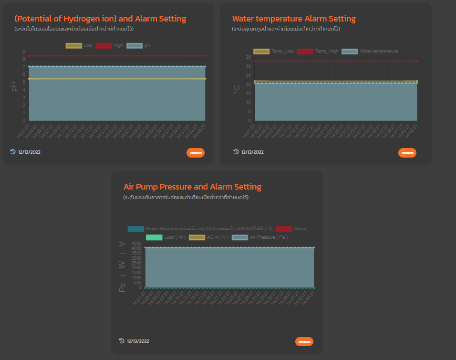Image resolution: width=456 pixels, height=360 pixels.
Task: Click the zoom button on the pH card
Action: [196, 153]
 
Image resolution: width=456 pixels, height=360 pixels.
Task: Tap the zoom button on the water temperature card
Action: [407, 153]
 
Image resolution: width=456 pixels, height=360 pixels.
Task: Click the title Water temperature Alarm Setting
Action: [294, 19]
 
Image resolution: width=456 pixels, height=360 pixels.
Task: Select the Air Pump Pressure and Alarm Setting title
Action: [192, 187]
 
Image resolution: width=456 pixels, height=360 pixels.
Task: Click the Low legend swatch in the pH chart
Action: [73, 46]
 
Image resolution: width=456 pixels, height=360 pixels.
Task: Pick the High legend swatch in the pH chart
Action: [104, 46]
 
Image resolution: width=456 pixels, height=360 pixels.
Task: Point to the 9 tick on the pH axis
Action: [24, 52]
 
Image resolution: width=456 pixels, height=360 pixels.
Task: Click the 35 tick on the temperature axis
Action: [248, 57]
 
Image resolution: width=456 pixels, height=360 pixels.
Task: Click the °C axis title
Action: [237, 88]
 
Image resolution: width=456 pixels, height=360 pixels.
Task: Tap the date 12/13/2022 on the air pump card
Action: [138, 341]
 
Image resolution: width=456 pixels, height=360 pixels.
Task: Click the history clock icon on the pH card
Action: [13, 152]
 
